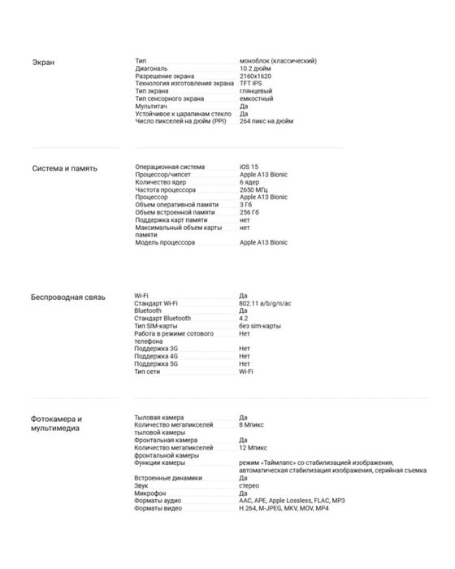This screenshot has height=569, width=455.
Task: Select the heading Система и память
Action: click(x=64, y=168)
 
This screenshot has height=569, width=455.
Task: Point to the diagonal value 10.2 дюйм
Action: click(x=256, y=69)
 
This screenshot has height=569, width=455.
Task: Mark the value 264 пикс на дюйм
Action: click(x=266, y=121)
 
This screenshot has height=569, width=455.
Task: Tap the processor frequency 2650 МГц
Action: click(x=254, y=189)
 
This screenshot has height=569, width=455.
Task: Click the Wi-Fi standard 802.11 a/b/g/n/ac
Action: click(x=266, y=303)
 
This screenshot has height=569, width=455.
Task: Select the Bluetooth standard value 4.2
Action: click(x=244, y=318)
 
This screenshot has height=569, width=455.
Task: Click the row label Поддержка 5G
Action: click(x=156, y=363)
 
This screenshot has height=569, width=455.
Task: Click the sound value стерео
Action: click(x=249, y=485)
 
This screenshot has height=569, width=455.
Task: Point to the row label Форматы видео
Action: click(x=158, y=508)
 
